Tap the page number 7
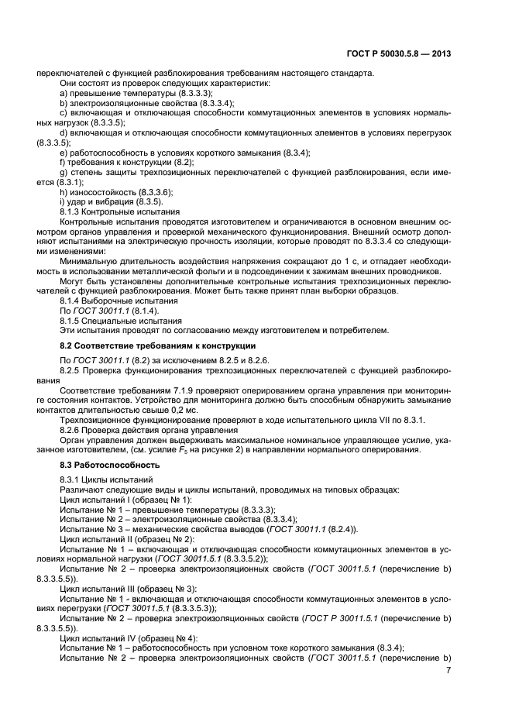point(448,668)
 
